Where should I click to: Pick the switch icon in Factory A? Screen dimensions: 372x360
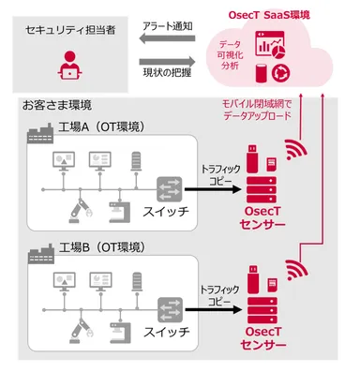tap(172, 187)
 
